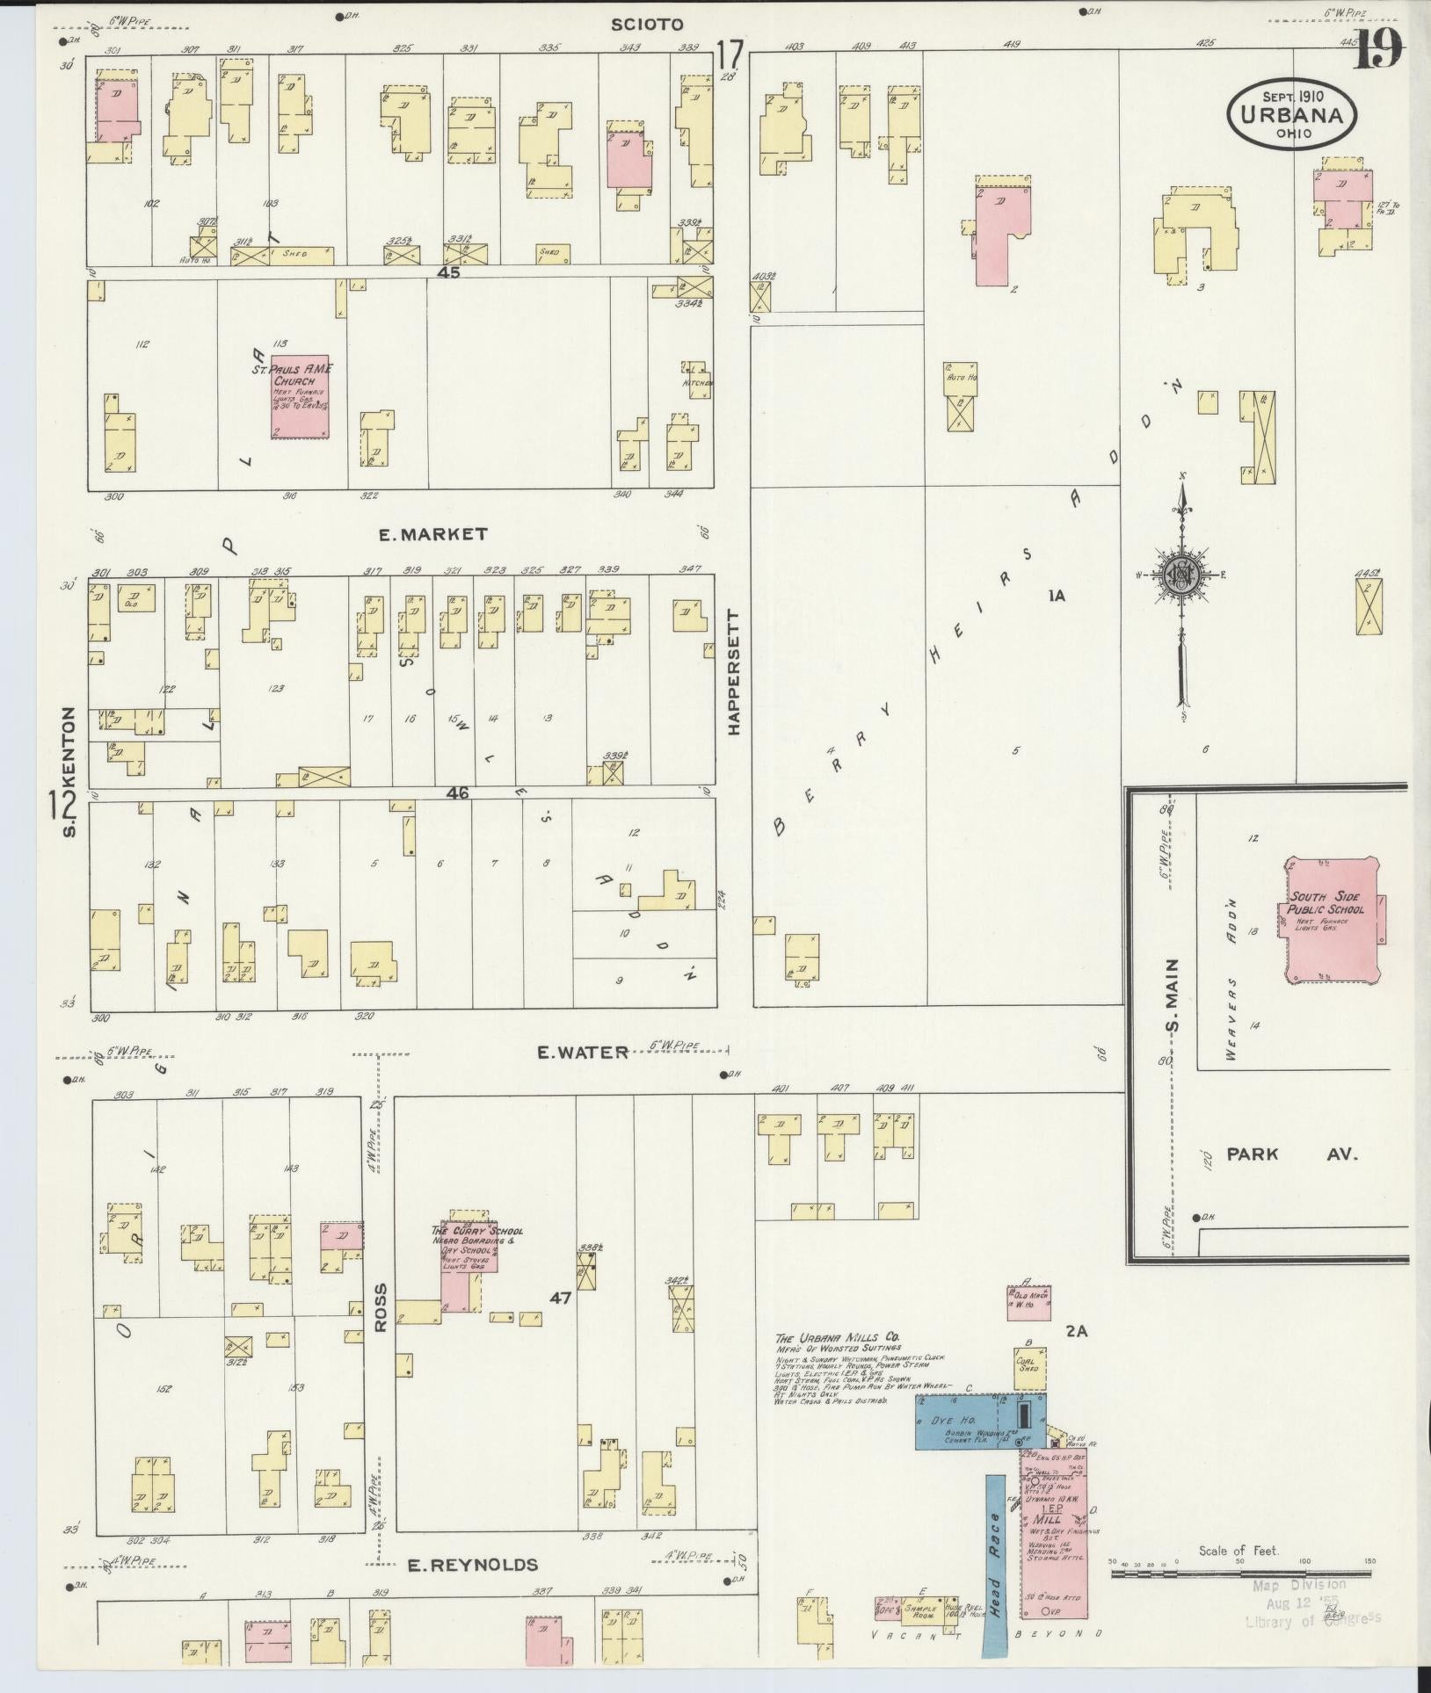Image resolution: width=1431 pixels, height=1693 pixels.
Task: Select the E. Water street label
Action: point(585,1052)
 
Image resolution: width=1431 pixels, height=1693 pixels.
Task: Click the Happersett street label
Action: point(733,672)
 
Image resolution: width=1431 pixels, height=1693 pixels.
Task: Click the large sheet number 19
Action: point(1378,50)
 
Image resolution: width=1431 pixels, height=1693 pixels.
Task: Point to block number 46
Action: point(458,792)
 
